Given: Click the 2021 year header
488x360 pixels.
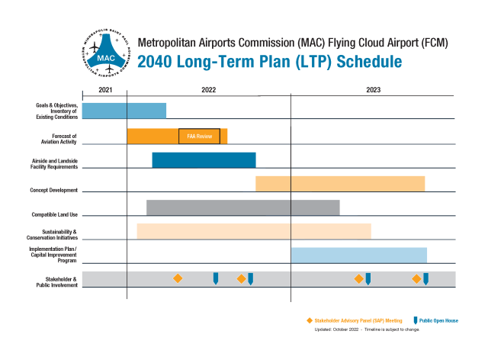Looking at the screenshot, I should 105,90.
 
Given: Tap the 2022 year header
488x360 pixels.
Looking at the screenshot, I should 208,90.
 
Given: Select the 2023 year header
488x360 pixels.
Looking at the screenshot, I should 373,90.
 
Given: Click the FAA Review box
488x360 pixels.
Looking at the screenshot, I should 199,136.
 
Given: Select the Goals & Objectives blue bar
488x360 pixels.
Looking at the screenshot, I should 124,111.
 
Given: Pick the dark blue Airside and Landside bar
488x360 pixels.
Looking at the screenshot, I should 204,160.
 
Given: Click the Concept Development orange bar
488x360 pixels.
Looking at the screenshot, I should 339,184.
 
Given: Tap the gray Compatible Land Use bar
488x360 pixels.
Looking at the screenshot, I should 242,207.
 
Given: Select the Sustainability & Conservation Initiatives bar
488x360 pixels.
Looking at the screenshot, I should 253,231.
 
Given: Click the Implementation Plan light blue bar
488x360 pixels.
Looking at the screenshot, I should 358,255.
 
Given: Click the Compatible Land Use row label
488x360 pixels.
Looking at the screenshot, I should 54,214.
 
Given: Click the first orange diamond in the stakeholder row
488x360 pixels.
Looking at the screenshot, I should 178,278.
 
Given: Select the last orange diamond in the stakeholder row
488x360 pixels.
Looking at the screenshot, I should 416,278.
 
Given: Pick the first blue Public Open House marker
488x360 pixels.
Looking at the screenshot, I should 216,278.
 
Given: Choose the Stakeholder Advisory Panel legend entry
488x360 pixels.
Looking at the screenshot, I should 354,320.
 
